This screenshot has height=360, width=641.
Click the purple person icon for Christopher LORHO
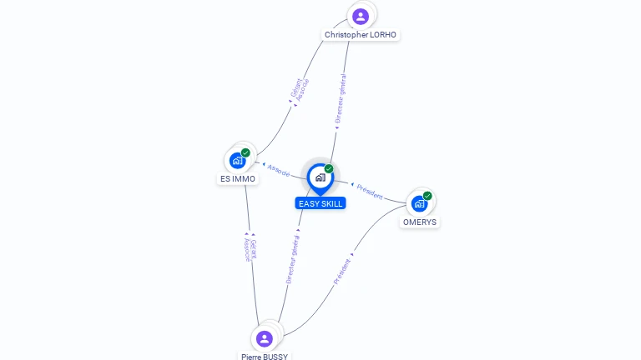coord(360,16)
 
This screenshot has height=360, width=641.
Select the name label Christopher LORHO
coord(361,35)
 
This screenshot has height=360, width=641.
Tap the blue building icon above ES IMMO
coord(238,160)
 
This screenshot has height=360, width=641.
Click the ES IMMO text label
coord(238,178)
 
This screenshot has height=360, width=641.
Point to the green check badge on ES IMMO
coord(245,152)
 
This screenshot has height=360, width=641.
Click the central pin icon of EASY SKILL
coord(320,177)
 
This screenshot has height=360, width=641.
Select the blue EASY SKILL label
coord(320,203)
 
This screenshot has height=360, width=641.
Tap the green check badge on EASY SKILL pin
coord(329,169)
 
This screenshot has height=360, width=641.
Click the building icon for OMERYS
coord(419,203)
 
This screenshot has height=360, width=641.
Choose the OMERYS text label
coord(420,222)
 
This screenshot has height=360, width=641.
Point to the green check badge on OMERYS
coord(427,196)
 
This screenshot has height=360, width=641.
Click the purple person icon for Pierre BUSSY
coord(265,338)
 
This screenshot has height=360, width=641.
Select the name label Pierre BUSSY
coord(265,357)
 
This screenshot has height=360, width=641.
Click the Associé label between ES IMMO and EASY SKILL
coord(279,169)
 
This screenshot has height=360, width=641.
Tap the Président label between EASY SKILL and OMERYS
coord(370,191)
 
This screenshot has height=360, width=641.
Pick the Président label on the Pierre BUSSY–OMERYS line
coord(342,271)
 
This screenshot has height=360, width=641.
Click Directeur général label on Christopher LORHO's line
coord(341,99)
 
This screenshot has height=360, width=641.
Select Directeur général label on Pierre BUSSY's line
coord(292,258)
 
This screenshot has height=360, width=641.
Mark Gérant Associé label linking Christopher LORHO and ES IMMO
coord(299,91)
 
